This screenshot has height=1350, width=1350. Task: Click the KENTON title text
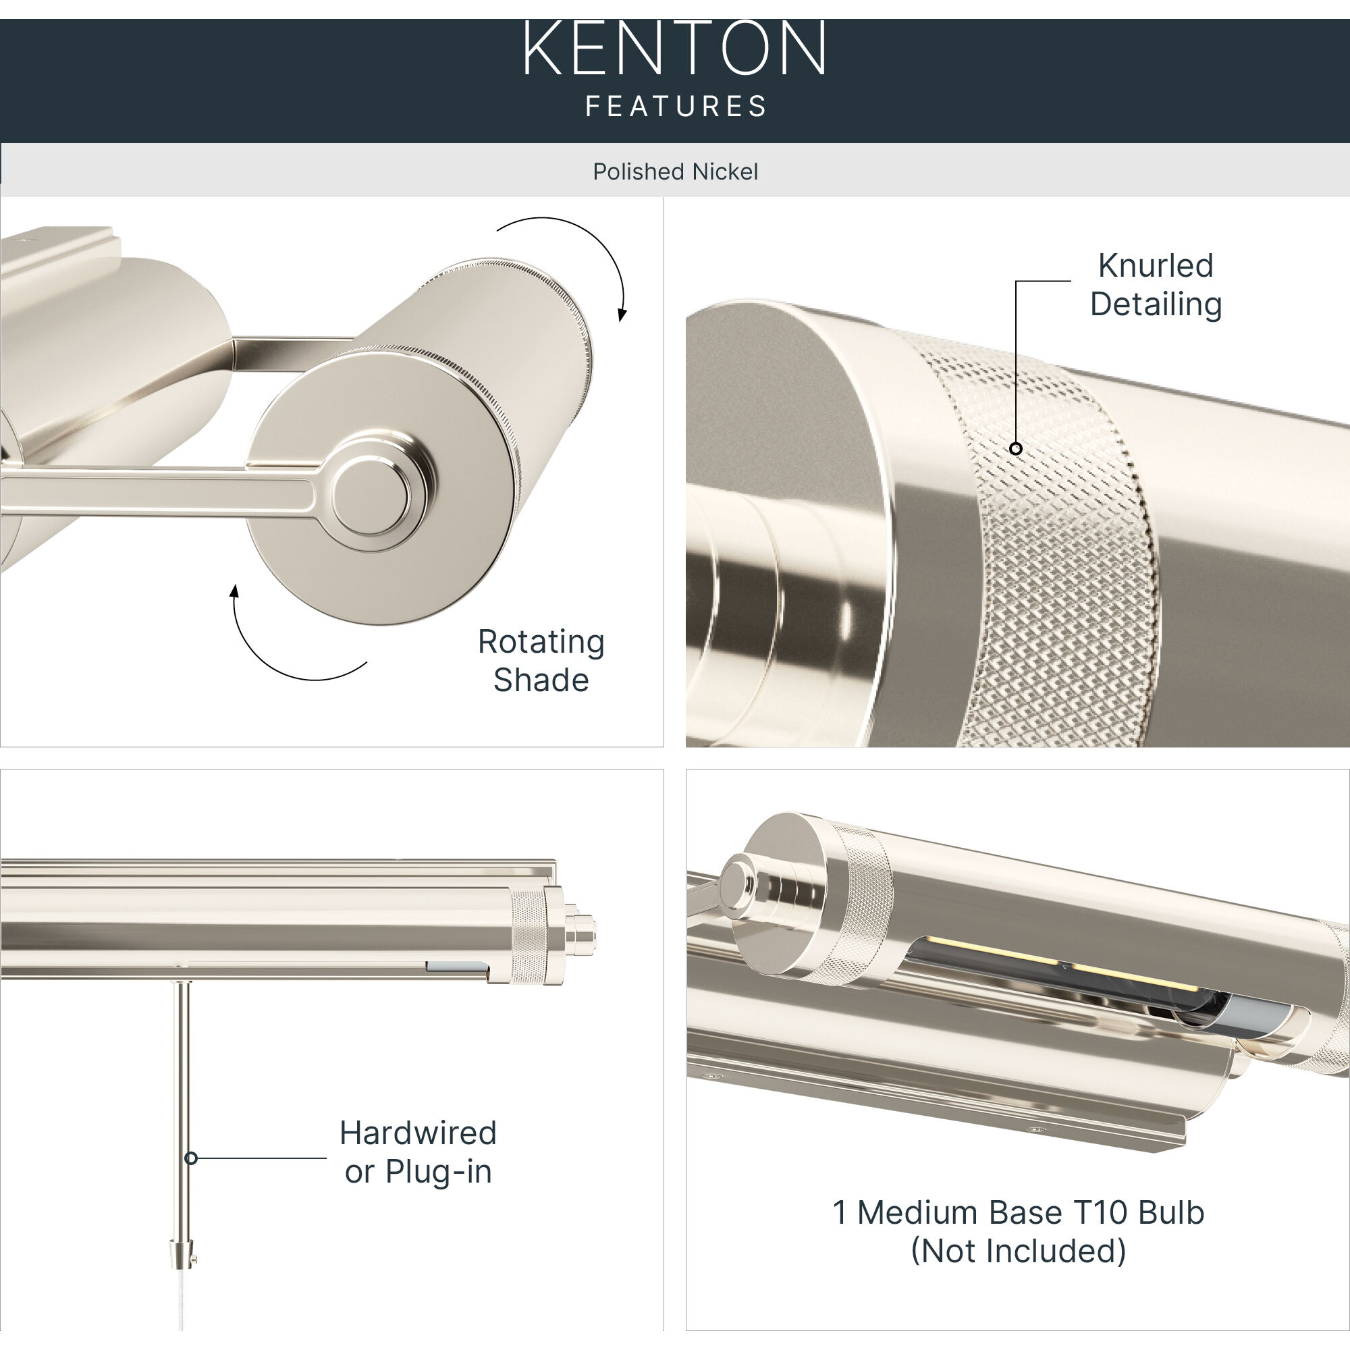675,49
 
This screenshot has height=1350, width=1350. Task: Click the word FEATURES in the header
675,106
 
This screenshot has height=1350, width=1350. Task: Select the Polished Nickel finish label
675,171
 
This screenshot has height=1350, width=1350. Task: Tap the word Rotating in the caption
541,641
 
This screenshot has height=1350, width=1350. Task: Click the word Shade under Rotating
541,680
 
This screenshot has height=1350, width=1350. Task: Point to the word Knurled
1155,265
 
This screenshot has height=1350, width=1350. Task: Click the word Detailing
1155,304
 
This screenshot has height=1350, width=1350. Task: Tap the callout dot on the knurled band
1016,449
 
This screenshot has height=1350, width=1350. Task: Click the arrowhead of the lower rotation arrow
235,592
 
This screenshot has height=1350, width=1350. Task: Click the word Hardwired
418,1133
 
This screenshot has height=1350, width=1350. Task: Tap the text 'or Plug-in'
418,1171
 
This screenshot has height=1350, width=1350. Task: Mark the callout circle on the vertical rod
191,1158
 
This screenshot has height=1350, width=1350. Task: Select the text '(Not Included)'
1018,1251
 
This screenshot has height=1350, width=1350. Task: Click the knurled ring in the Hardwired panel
528,936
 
